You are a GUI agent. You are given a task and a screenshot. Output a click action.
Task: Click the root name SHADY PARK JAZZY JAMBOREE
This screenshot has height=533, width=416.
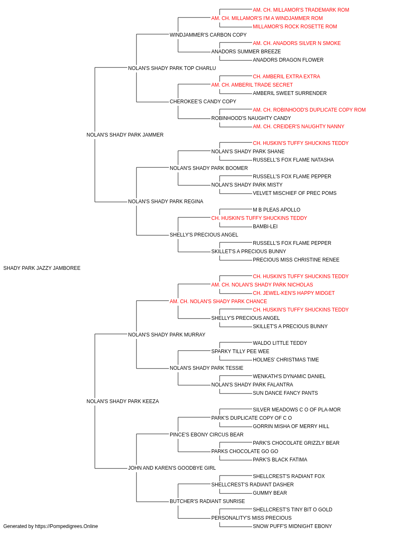42,268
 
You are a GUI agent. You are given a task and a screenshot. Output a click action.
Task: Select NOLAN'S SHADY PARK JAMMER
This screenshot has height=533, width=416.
125,134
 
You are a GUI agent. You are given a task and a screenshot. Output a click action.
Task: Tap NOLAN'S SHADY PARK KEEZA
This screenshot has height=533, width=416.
123,401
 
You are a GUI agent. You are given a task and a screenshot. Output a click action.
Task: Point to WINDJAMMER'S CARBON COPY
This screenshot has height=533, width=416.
208,35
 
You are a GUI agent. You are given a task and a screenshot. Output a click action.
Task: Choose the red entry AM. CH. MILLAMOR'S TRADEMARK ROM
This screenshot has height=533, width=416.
301,10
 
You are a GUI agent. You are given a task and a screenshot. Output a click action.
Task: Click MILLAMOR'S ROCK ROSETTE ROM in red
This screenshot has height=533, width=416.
295,27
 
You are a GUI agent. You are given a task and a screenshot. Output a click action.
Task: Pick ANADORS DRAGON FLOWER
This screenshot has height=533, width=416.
288,60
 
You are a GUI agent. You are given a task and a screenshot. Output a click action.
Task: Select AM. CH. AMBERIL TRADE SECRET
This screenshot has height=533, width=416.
252,85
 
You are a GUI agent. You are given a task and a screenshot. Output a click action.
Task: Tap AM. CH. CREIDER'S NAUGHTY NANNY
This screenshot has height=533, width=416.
299,126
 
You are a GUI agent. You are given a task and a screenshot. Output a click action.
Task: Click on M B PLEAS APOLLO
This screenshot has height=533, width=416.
277,210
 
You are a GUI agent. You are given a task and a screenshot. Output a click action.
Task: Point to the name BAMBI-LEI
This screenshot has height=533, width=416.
265,227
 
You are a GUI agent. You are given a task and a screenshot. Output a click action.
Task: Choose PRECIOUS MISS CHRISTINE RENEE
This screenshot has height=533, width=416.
296,260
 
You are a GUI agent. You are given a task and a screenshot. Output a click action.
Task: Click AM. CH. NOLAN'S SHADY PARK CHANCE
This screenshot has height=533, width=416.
218,301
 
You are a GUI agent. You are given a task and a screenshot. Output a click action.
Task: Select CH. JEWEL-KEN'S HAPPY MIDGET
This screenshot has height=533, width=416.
294,293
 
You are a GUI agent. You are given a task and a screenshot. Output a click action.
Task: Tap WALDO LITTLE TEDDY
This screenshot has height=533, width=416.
280,343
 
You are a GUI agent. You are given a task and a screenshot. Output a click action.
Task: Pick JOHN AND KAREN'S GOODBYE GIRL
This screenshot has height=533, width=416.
172,468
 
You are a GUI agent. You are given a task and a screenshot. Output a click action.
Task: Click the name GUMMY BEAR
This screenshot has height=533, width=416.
270,493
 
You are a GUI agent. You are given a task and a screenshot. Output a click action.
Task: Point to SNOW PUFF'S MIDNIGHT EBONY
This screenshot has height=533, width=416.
292,526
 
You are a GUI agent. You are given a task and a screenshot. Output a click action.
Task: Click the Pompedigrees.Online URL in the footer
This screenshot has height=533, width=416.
67,526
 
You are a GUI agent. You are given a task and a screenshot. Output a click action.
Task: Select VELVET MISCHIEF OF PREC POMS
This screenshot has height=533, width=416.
295,193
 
